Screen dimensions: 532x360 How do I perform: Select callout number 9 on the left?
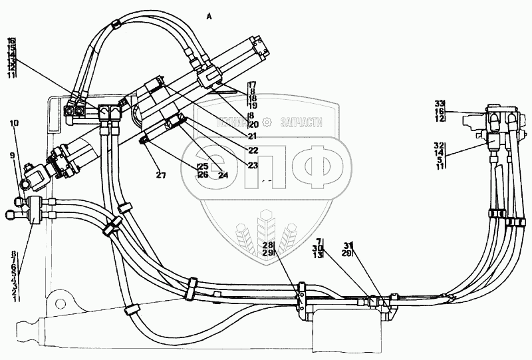pos(11,156)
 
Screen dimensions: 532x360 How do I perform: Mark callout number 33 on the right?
pos(439,104)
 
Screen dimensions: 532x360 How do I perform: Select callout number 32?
pos(439,144)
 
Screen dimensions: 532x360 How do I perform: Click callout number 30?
pos(319,248)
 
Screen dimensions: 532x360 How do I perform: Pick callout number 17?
pos(252,85)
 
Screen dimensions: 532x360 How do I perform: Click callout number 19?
pos(252,106)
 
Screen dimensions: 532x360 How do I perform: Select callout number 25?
pos(202,166)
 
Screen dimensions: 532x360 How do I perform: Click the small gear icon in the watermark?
pos(267,122)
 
